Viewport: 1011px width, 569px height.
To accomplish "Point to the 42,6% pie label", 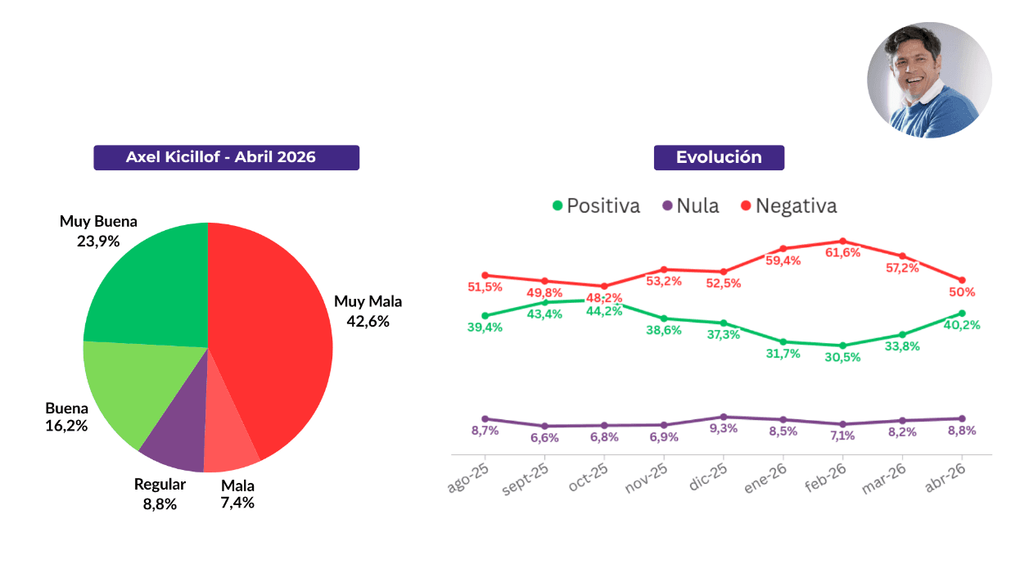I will (368, 321).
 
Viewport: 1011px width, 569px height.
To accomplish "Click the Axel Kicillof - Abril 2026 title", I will (226, 157).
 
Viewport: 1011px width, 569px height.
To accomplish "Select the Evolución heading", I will (719, 157).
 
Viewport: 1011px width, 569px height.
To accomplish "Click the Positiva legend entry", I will (596, 205).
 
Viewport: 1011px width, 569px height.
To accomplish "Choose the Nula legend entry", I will (690, 205).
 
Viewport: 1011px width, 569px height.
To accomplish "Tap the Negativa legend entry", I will (788, 205).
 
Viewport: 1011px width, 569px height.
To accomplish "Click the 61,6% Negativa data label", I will (842, 253).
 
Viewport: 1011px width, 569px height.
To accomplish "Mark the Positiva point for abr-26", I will (962, 313).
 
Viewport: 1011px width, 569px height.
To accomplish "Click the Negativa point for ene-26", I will (783, 248).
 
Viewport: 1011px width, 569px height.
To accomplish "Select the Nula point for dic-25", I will (724, 417).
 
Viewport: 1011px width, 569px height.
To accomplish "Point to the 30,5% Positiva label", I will (842, 358).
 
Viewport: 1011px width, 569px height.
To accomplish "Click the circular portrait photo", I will (929, 79).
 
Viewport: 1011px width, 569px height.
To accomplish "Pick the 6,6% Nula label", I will (544, 438).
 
